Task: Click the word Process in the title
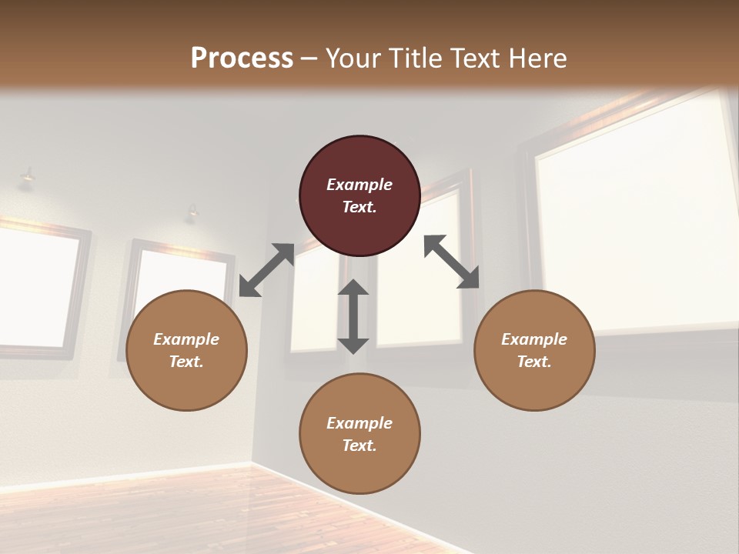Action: [x=242, y=58]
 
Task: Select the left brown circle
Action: [x=186, y=350]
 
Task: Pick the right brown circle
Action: [x=534, y=350]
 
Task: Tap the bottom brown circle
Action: [x=359, y=434]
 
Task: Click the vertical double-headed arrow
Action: [x=353, y=316]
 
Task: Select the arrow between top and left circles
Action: [x=266, y=270]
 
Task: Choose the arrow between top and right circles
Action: [x=452, y=262]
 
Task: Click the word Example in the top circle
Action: [x=359, y=185]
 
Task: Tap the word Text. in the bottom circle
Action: [x=359, y=446]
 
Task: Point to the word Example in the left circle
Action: [x=186, y=339]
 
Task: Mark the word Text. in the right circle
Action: [x=534, y=362]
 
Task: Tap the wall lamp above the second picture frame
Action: [x=191, y=212]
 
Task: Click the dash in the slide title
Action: [x=309, y=58]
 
